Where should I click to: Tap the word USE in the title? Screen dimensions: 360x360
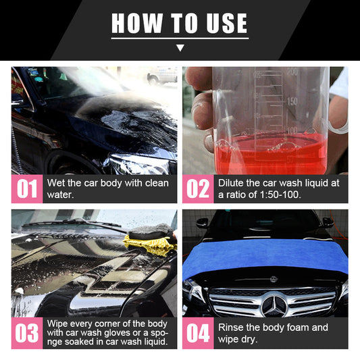coord(223,23)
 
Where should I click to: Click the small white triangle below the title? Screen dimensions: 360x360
coord(180,48)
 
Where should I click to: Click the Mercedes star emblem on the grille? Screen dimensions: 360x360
coord(274,305)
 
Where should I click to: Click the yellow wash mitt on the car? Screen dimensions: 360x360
coord(152,241)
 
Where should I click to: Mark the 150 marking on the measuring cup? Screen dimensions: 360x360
coord(292,101)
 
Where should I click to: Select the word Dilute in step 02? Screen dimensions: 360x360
coord(232,183)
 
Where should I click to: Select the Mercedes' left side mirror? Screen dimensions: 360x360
coord(202,222)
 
